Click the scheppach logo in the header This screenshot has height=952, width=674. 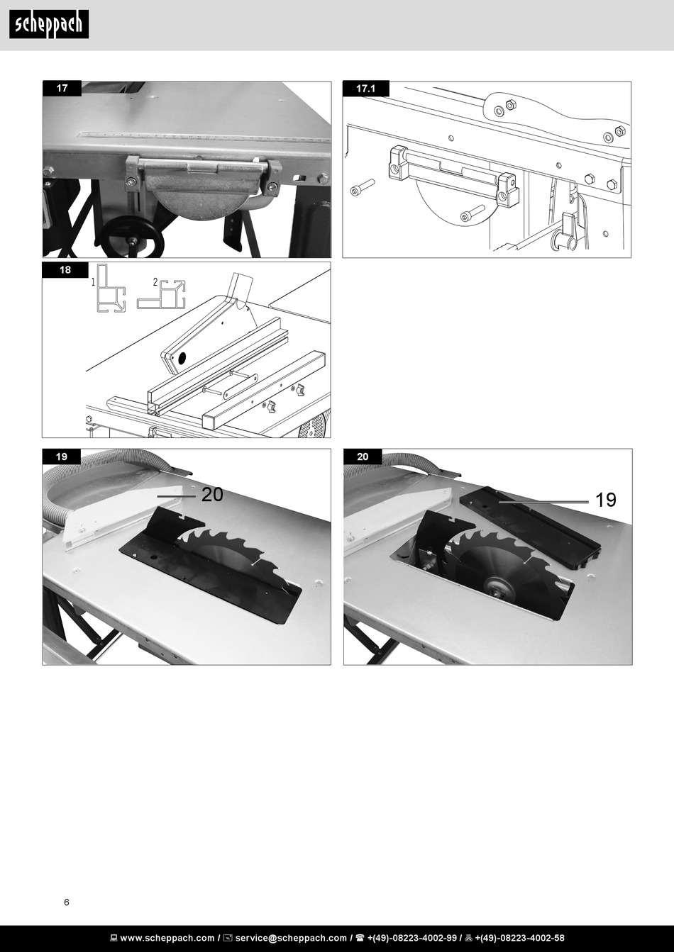pos(49,24)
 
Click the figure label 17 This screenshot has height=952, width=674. pos(62,88)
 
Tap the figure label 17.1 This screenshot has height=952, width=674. pos(365,89)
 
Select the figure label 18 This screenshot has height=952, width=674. pos(65,270)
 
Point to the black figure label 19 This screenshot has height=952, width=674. pos(62,457)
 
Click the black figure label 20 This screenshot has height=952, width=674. pos(363,457)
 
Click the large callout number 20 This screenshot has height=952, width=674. pos(212,494)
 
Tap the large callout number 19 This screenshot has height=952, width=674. pos(606,500)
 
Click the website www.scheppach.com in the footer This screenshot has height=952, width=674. pos(167,938)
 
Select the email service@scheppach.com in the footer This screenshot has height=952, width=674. pos(291,938)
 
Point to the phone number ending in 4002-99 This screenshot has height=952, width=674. pos(412,938)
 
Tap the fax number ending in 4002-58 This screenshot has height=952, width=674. pos(519,938)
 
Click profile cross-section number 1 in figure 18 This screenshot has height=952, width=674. pos(111,289)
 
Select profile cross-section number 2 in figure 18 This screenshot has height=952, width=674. pos(162,294)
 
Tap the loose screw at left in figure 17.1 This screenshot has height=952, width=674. pos(362,187)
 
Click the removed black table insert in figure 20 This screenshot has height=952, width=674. pos(531,527)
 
